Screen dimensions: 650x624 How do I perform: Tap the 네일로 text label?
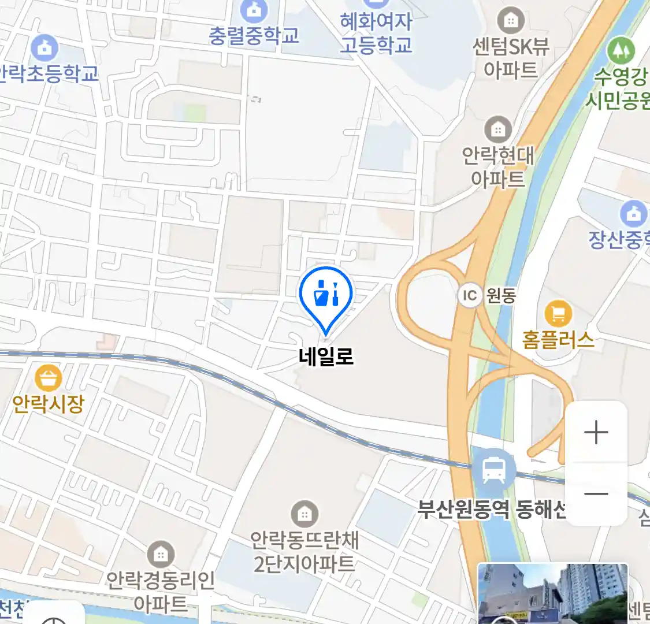(x=326, y=356)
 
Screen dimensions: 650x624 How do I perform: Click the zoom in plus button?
(x=596, y=432)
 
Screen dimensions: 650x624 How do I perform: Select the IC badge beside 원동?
(x=470, y=296)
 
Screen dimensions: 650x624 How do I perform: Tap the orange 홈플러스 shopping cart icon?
(x=558, y=314)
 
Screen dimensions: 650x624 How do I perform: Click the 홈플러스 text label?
(x=558, y=339)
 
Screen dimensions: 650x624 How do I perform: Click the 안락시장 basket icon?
(x=49, y=378)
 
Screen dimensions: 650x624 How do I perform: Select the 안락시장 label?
(x=49, y=403)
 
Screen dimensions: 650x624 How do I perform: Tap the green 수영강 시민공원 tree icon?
(x=621, y=51)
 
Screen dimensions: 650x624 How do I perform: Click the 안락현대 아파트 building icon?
(x=497, y=130)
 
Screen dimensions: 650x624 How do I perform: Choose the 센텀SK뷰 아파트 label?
(x=511, y=58)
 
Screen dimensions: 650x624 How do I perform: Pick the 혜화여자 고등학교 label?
(x=376, y=33)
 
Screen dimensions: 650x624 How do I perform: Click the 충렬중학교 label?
(x=254, y=36)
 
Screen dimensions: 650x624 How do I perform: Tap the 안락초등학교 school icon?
(x=44, y=49)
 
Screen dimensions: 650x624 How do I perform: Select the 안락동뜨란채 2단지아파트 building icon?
(x=304, y=514)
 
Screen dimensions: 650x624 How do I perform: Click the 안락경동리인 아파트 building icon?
(x=161, y=555)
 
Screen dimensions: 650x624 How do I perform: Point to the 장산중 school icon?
(x=634, y=214)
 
